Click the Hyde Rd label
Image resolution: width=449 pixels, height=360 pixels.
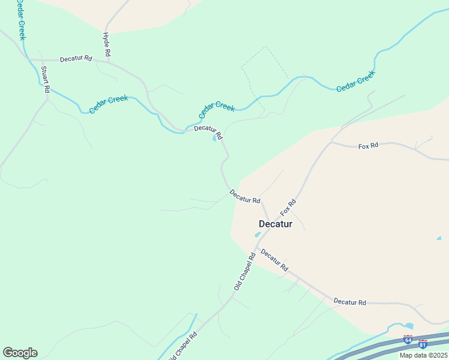point(107,45)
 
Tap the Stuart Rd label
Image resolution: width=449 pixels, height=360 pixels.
point(45,79)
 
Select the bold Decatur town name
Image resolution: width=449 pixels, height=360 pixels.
point(276,224)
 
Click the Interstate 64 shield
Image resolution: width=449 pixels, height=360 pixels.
point(408,340)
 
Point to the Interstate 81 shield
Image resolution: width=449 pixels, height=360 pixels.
point(423,344)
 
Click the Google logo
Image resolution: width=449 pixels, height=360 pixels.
point(20,353)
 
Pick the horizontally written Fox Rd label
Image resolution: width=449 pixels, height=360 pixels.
point(368,146)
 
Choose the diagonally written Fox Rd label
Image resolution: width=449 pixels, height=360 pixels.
point(288,208)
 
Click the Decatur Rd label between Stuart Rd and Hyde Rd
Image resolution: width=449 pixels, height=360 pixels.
point(76,59)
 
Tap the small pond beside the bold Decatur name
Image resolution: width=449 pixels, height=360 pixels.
point(258,234)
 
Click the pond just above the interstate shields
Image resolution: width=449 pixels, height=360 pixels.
point(409,326)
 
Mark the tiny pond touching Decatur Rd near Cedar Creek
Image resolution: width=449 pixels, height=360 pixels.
point(215,139)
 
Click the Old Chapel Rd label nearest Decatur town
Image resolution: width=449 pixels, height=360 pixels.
point(244,272)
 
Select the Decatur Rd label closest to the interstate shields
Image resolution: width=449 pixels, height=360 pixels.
point(349,302)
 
